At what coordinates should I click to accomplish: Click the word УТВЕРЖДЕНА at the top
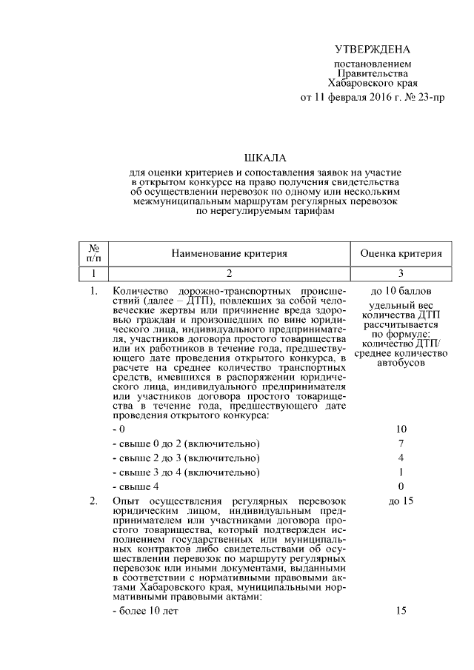[x=372, y=50]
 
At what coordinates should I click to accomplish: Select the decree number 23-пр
[x=430, y=97]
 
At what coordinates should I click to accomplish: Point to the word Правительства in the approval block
[x=372, y=74]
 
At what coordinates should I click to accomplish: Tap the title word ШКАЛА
[x=264, y=158]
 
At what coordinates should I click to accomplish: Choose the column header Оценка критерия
[x=401, y=253]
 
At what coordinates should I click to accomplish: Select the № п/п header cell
[x=94, y=253]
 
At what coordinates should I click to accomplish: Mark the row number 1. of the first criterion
[x=93, y=291]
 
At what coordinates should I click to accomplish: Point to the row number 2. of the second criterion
[x=93, y=501]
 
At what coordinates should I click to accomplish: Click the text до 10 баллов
[x=401, y=291]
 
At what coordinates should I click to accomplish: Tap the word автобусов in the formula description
[x=401, y=364]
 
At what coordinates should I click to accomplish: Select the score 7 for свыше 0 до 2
[x=401, y=443]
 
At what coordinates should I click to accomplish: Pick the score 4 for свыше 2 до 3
[x=401, y=458]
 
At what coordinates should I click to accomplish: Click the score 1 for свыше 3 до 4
[x=401, y=472]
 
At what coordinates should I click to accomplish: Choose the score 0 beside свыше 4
[x=401, y=486]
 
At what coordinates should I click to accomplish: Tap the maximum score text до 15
[x=401, y=501]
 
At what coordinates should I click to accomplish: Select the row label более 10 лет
[x=144, y=611]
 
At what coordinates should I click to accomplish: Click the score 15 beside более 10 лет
[x=401, y=611]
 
